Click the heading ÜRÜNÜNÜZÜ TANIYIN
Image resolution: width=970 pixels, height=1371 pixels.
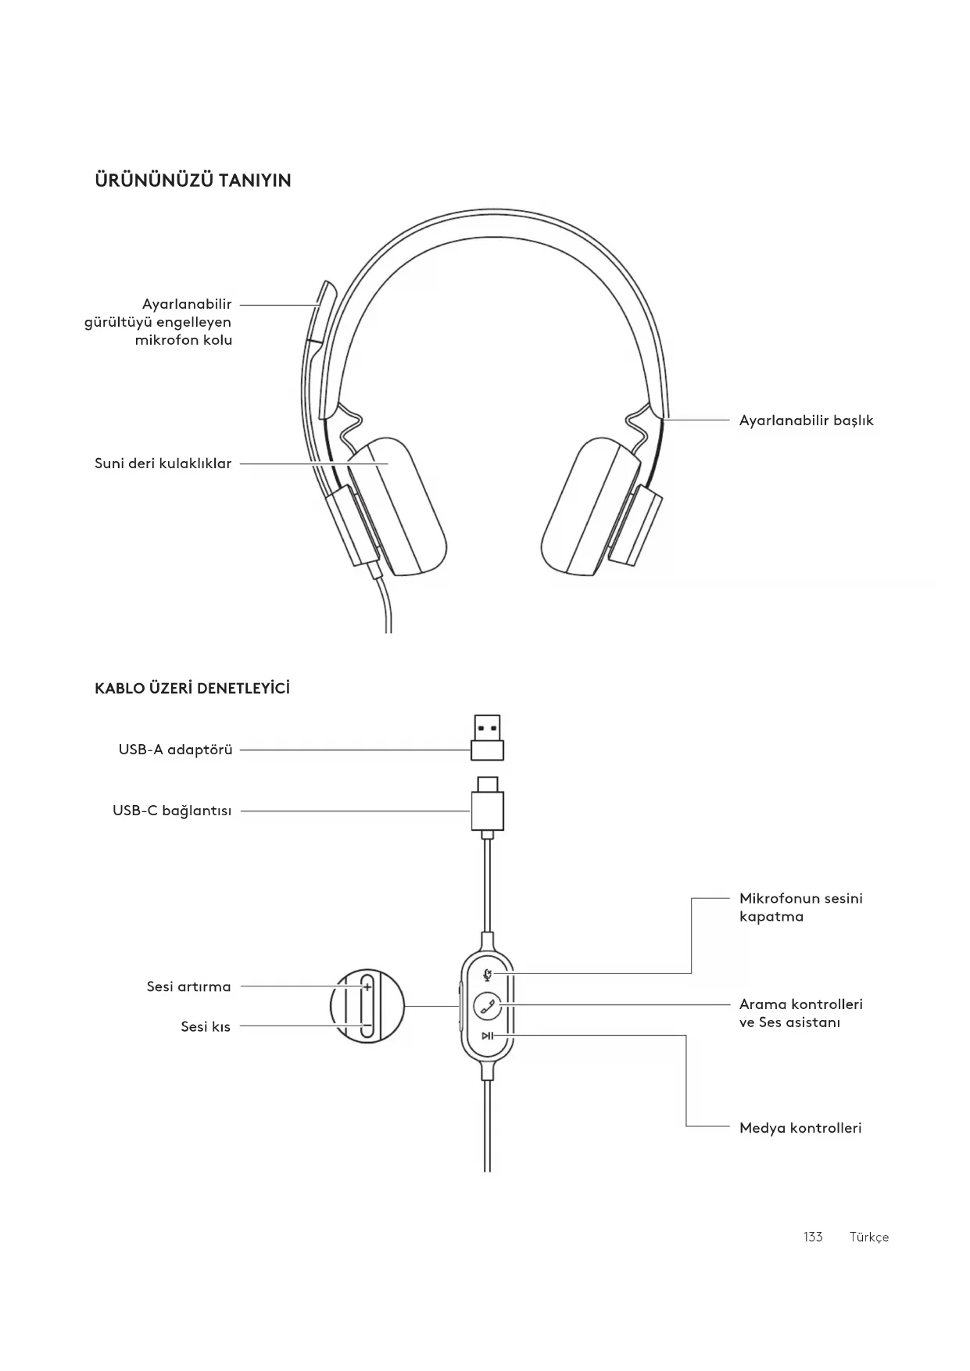(x=192, y=181)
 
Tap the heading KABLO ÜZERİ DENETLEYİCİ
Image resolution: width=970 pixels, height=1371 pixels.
(x=191, y=689)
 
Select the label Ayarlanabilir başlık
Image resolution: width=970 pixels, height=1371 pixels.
(x=806, y=421)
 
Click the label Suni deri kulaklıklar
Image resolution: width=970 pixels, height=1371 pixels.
(x=163, y=464)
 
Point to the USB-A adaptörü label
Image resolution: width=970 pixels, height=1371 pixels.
(x=175, y=750)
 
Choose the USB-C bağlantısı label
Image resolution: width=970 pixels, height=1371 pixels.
(x=172, y=811)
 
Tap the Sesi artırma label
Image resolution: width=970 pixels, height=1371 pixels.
(x=188, y=986)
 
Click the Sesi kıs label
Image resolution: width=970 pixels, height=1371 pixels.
(x=206, y=1026)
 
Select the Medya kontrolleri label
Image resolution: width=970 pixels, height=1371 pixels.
(x=800, y=1128)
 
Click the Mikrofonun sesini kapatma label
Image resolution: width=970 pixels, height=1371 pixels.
(x=800, y=907)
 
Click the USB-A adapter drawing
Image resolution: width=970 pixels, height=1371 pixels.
(x=487, y=737)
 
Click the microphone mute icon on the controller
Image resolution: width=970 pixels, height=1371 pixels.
(x=488, y=974)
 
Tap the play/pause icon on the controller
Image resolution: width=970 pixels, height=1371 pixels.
(x=487, y=1036)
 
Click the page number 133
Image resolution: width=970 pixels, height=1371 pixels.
(x=813, y=1237)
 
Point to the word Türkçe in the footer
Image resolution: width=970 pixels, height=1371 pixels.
(x=868, y=1237)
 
